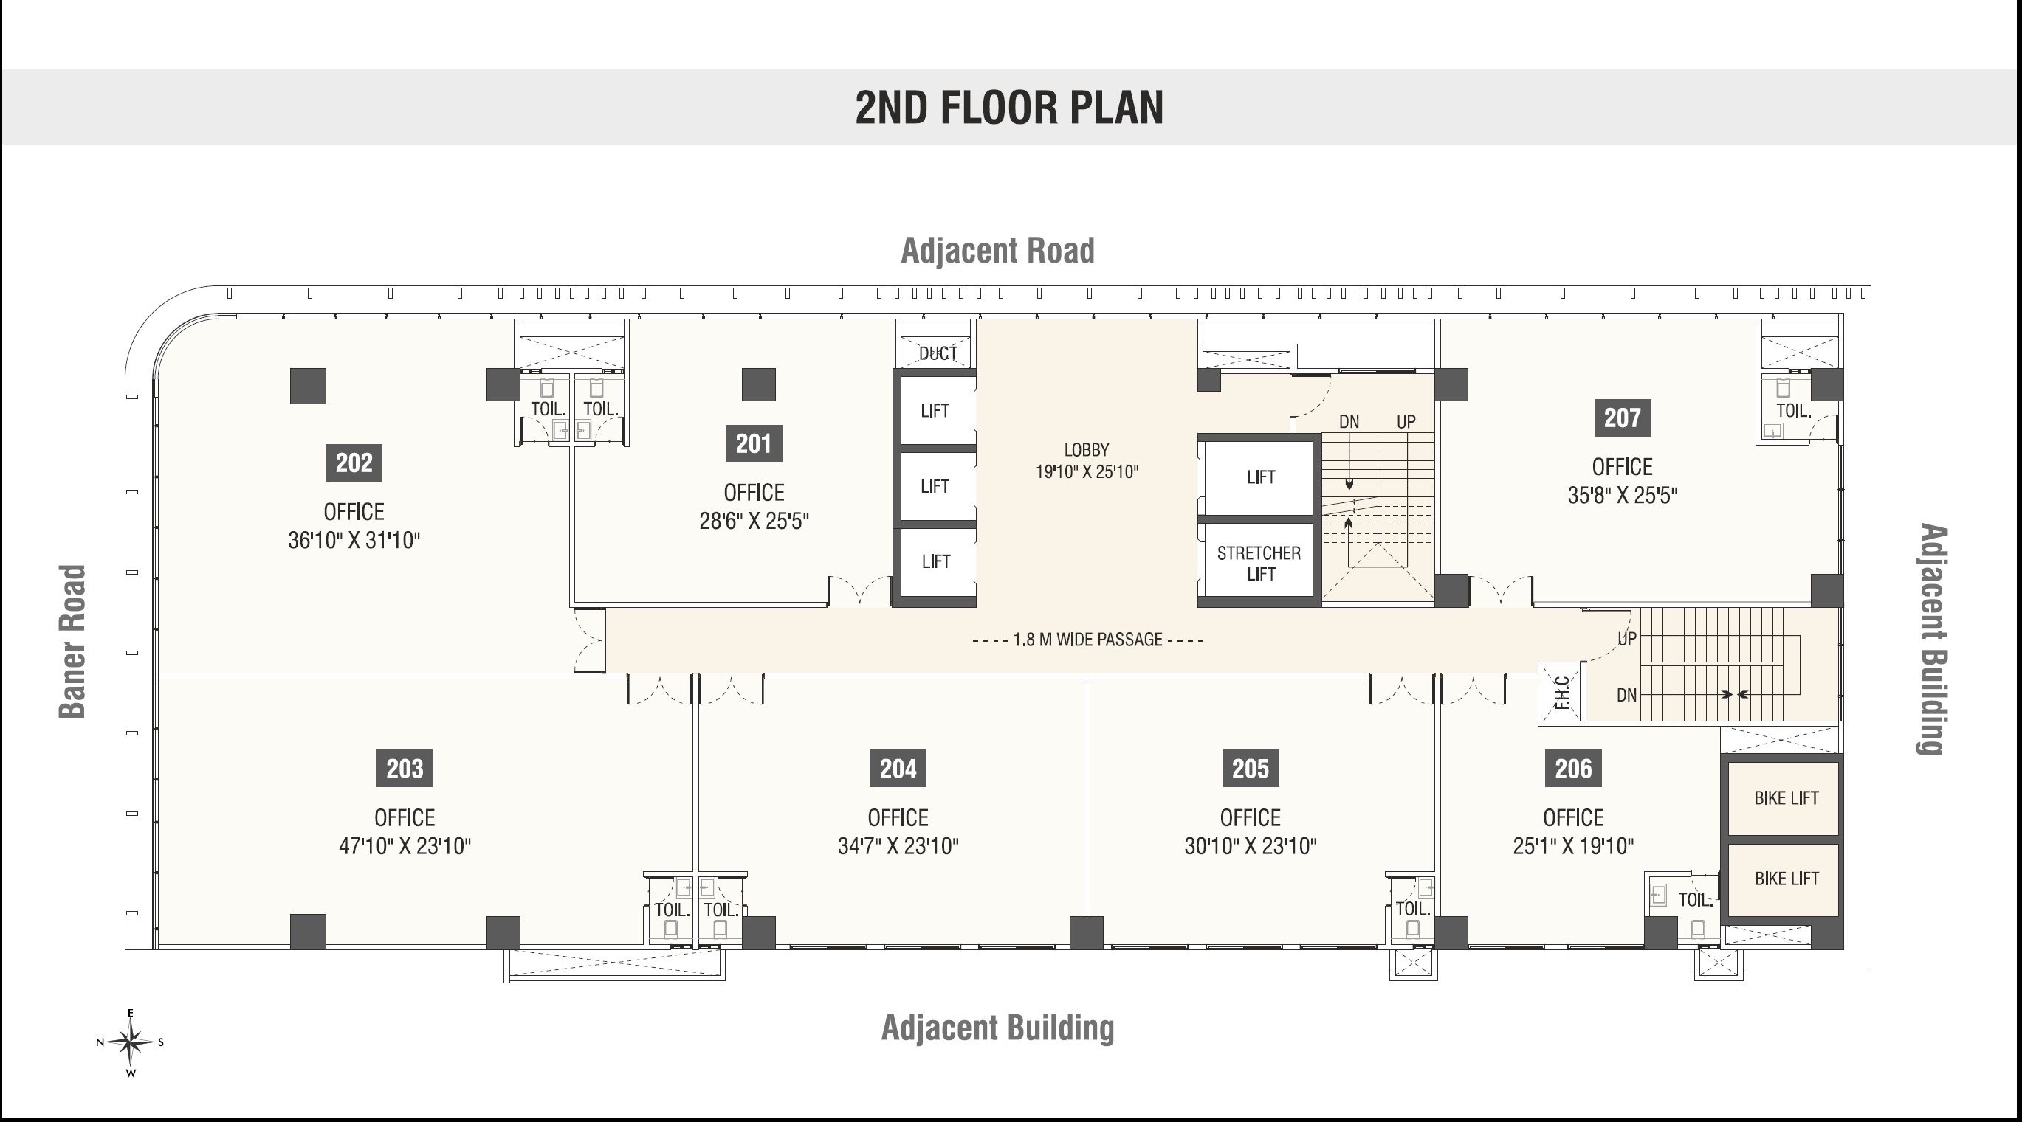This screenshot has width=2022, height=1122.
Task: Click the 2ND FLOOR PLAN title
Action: [x=1008, y=108]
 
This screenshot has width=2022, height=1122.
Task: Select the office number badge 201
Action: [x=754, y=443]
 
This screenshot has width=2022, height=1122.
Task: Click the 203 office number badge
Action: [x=405, y=768]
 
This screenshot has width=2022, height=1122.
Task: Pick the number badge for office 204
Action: [x=898, y=768]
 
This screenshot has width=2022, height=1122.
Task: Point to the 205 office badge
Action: [x=1251, y=768]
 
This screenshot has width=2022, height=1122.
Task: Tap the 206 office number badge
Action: [x=1573, y=768]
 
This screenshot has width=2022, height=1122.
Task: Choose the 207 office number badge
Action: [x=1623, y=418]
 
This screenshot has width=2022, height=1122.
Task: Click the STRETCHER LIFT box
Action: [x=1259, y=563]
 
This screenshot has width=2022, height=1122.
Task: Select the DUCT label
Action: [x=938, y=354]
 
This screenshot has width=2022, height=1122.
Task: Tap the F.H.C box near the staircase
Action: [x=1562, y=693]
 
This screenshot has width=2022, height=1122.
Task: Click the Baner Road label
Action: [x=72, y=641]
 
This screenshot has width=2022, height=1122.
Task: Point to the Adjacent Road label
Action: [x=997, y=251]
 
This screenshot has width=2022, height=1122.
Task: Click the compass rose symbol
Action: [x=131, y=1043]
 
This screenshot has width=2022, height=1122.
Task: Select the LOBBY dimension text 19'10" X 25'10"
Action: [x=1087, y=471]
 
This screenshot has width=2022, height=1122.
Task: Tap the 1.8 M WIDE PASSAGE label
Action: [x=1087, y=640]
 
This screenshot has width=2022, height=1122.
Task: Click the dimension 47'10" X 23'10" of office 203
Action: [x=405, y=846]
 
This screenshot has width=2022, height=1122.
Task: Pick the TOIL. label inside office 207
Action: [x=1794, y=410]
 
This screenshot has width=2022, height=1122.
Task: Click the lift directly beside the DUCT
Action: [x=935, y=410]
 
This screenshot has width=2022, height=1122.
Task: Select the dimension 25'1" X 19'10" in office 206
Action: [x=1573, y=846]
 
